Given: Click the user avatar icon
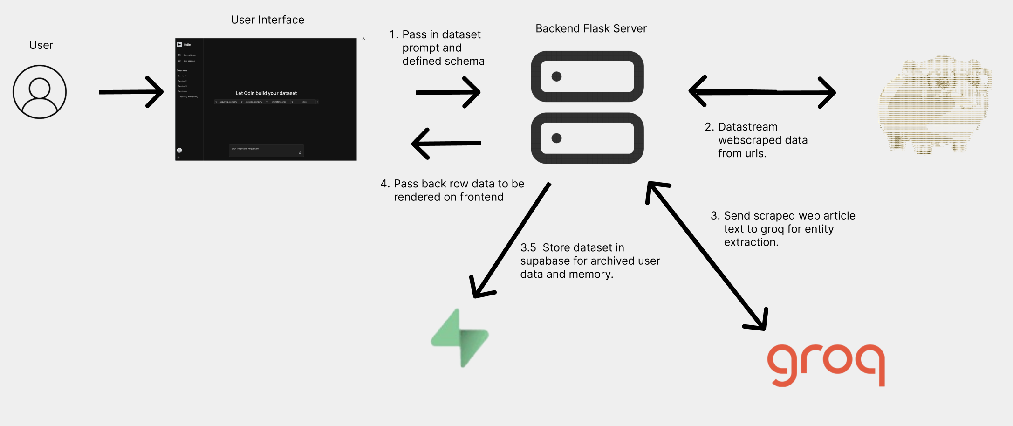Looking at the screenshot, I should click(40, 92).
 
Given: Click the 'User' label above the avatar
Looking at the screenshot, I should click(41, 45).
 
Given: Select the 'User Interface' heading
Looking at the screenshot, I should click(267, 20).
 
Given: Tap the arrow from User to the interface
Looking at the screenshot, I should click(131, 92).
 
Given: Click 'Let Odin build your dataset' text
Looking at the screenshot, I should click(266, 93).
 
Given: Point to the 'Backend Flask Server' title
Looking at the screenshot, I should click(591, 29).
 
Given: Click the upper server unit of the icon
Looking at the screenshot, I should click(587, 76).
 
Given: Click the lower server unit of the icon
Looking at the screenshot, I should click(587, 138).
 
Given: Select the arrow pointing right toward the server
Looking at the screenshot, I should click(447, 92).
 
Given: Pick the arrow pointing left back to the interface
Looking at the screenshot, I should click(446, 144).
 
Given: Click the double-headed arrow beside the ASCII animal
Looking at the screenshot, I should click(762, 92).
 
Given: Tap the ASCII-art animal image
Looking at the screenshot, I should click(934, 105).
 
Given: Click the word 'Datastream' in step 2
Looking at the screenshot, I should click(747, 127).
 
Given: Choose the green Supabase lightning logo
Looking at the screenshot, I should click(459, 338).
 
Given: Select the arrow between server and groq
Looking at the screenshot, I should click(706, 256).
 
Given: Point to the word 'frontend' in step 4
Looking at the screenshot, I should click(481, 198).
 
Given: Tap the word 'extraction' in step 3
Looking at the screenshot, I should click(750, 242).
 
